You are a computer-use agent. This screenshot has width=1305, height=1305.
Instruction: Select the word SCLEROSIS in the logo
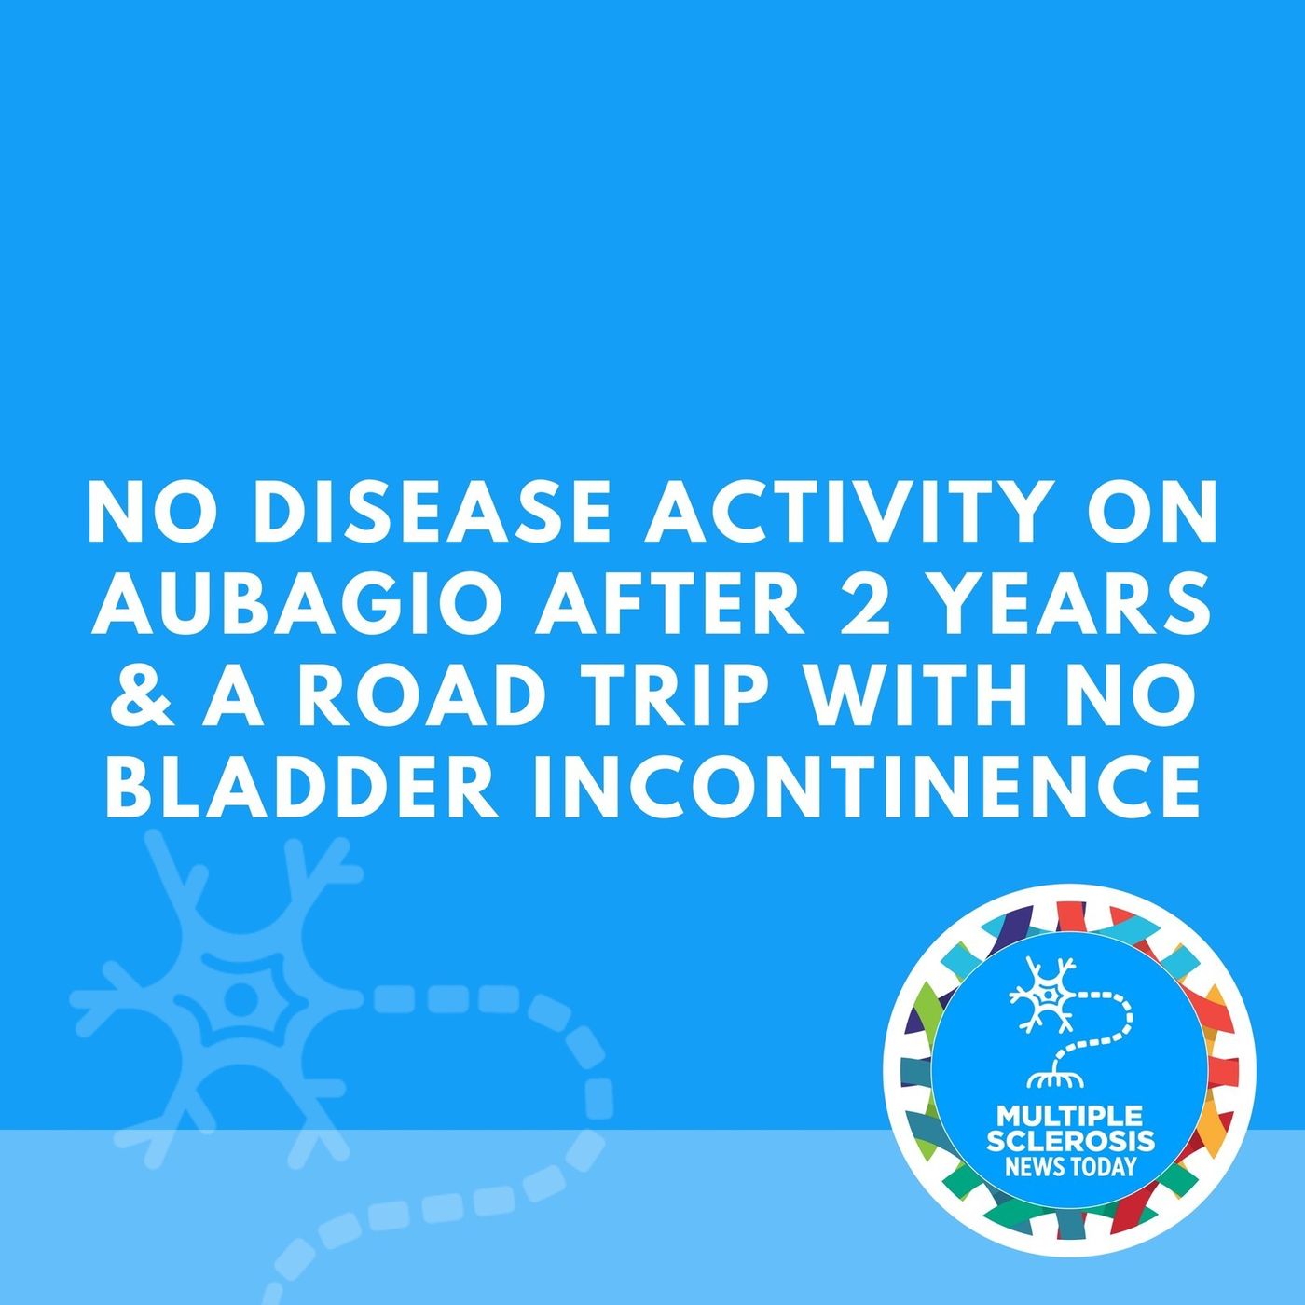tap(1070, 1141)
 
